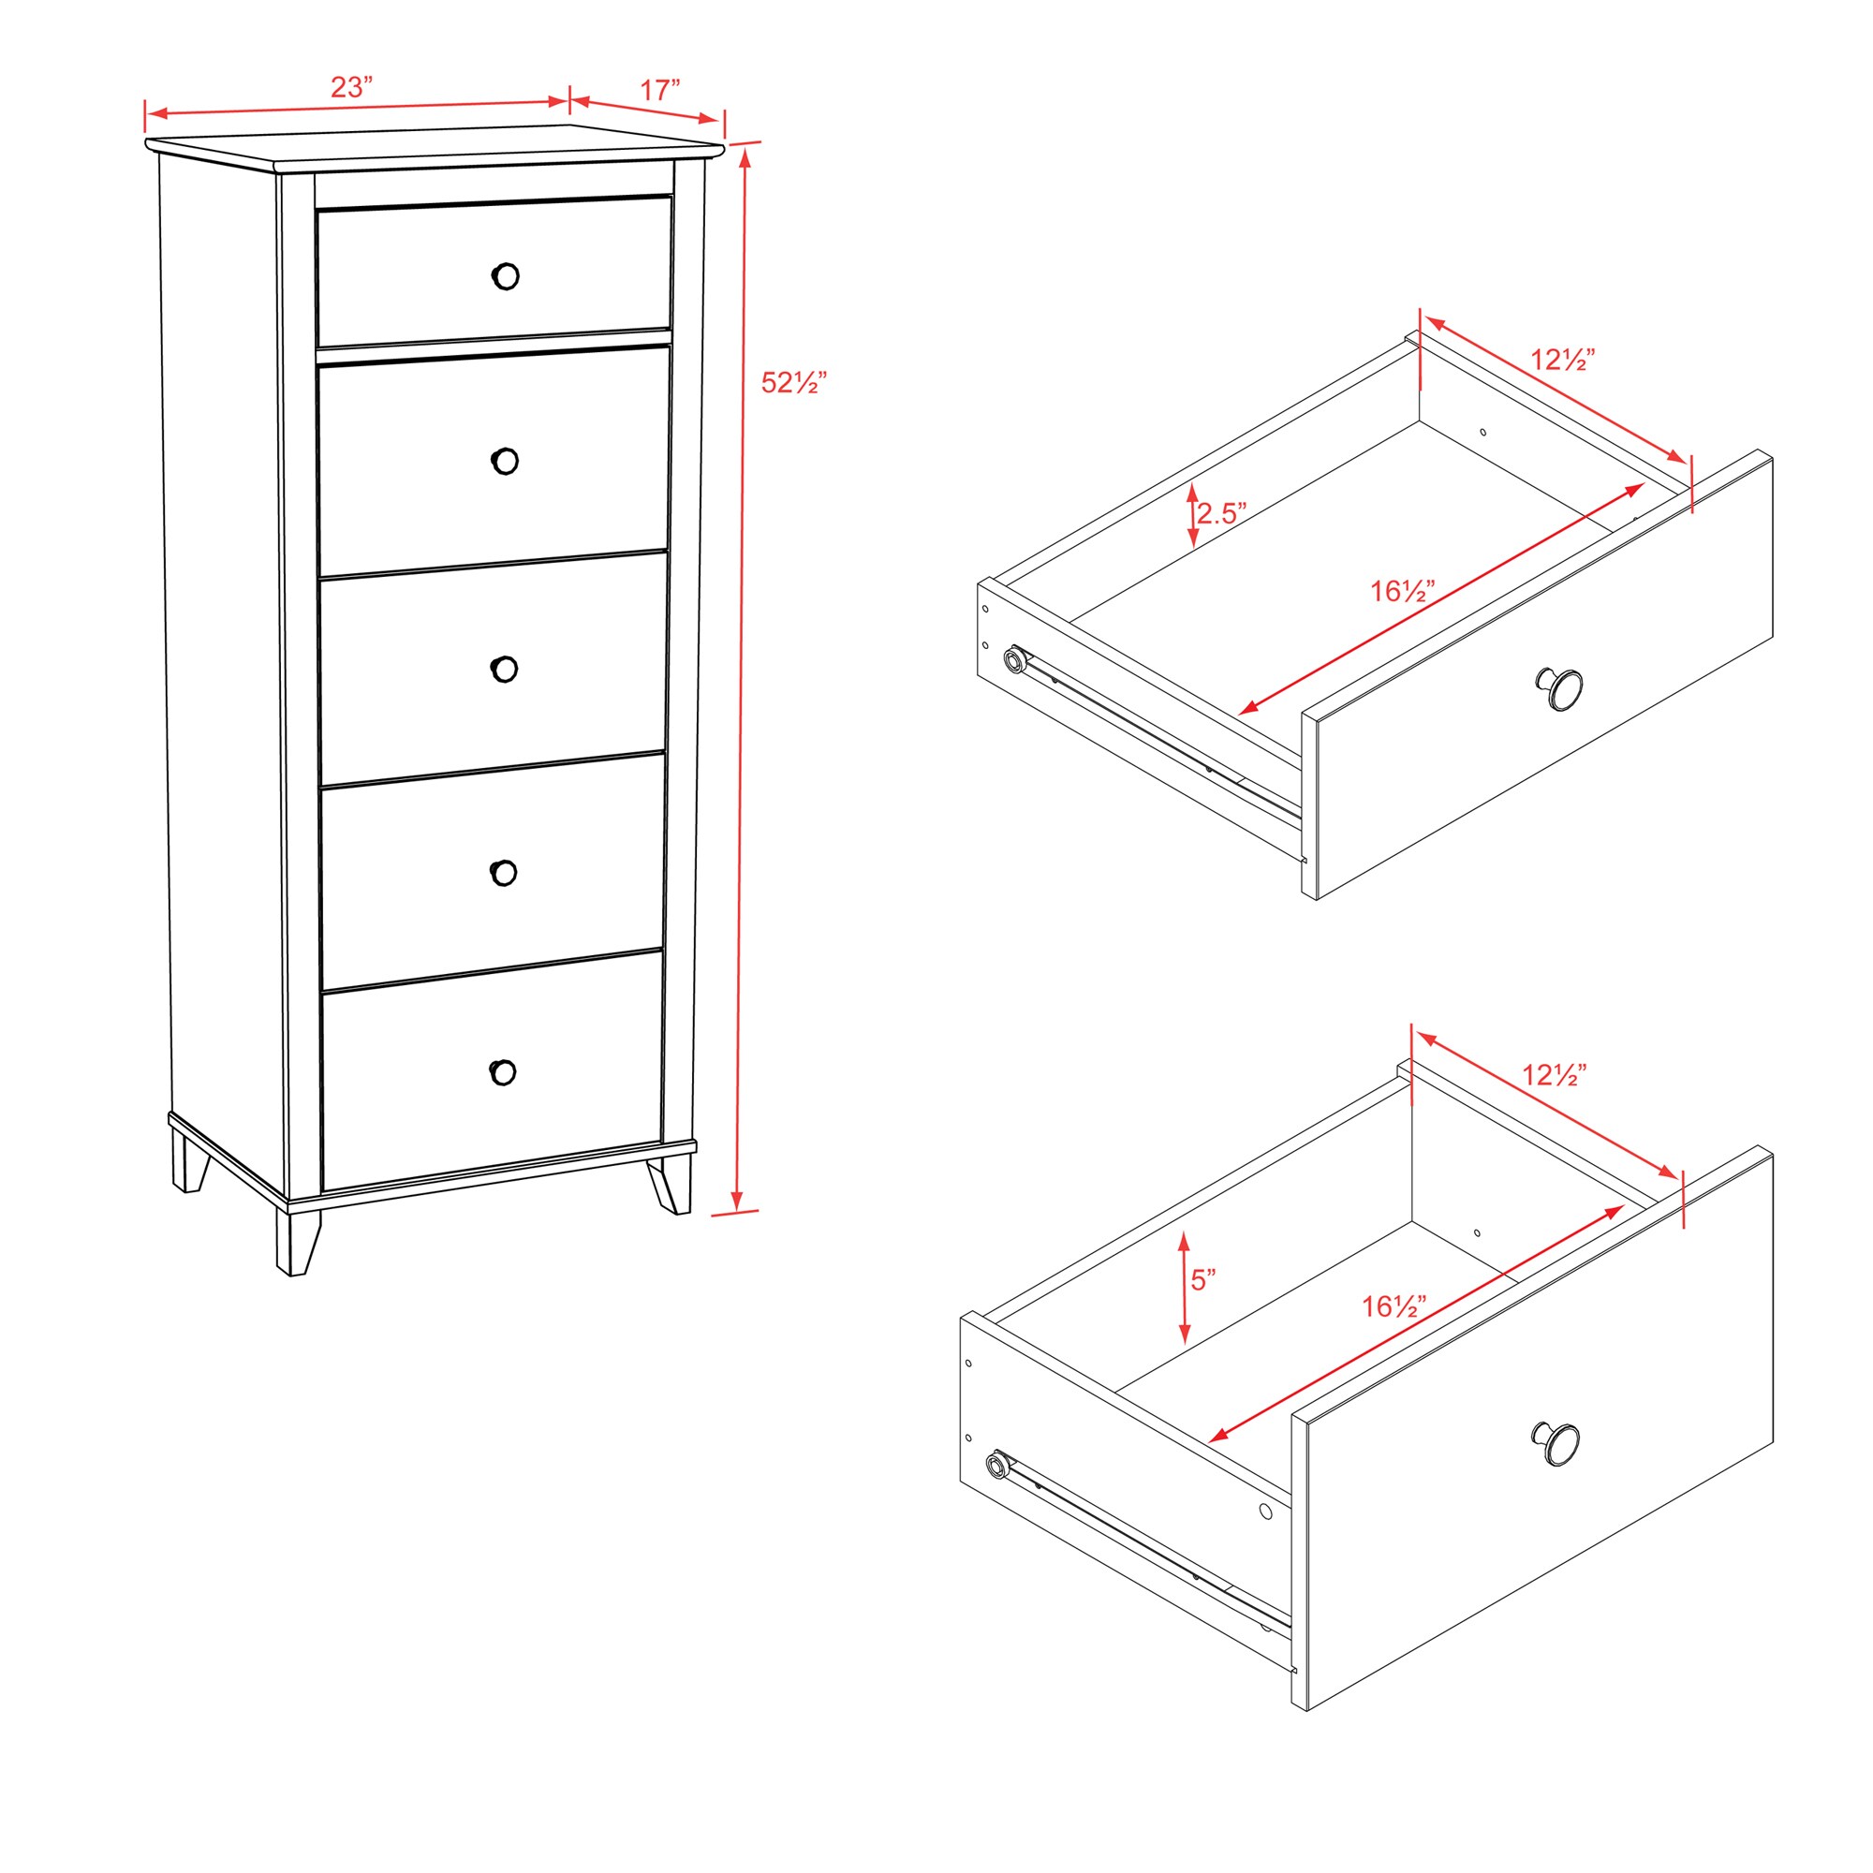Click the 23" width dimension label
[x=351, y=87]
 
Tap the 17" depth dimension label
[x=659, y=90]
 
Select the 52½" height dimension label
[x=793, y=383]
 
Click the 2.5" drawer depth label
[x=1220, y=513]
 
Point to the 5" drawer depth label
[x=1203, y=1280]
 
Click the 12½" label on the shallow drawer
[x=1563, y=360]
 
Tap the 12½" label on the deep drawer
[x=1554, y=1075]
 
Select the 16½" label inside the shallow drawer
[x=1402, y=590]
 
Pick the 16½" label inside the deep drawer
[x=1394, y=1306]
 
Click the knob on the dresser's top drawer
[x=505, y=276]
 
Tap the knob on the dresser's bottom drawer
[x=502, y=1072]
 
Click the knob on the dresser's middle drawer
[x=504, y=669]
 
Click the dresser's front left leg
[x=297, y=1239]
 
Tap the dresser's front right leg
[x=671, y=1184]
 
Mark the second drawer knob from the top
[x=505, y=462]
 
